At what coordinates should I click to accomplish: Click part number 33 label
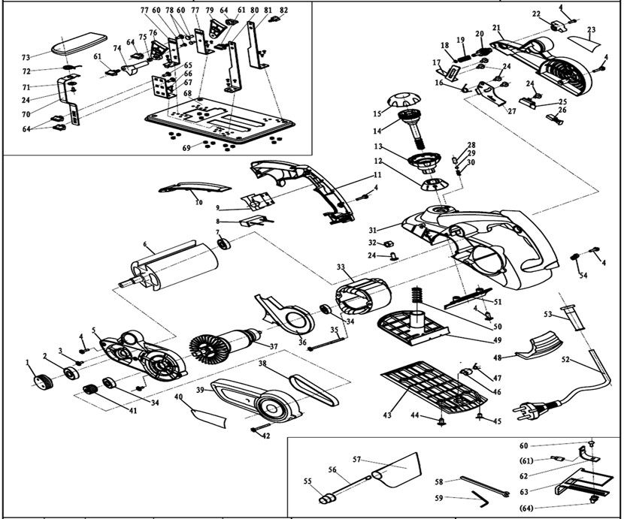pyautogui.click(x=341, y=267)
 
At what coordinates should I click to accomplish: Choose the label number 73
pyautogui.click(x=26, y=57)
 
